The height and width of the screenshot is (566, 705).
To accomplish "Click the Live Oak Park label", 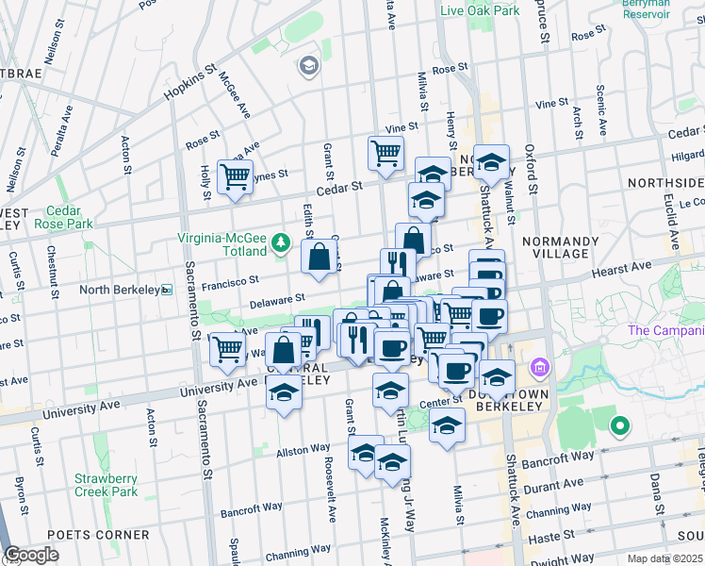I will [480, 10].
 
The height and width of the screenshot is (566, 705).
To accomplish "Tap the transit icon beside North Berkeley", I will [167, 290].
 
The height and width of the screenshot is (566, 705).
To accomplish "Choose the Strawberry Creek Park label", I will [107, 484].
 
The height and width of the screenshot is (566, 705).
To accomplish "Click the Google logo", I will [31, 555].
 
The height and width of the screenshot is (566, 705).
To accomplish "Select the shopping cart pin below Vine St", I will [385, 152].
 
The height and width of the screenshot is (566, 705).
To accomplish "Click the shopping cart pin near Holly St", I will [235, 175].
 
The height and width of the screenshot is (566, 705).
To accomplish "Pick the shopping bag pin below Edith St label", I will [320, 256].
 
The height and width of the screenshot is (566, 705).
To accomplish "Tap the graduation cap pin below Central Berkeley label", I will [283, 392].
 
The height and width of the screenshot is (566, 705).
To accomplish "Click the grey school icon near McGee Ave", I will [308, 66].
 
